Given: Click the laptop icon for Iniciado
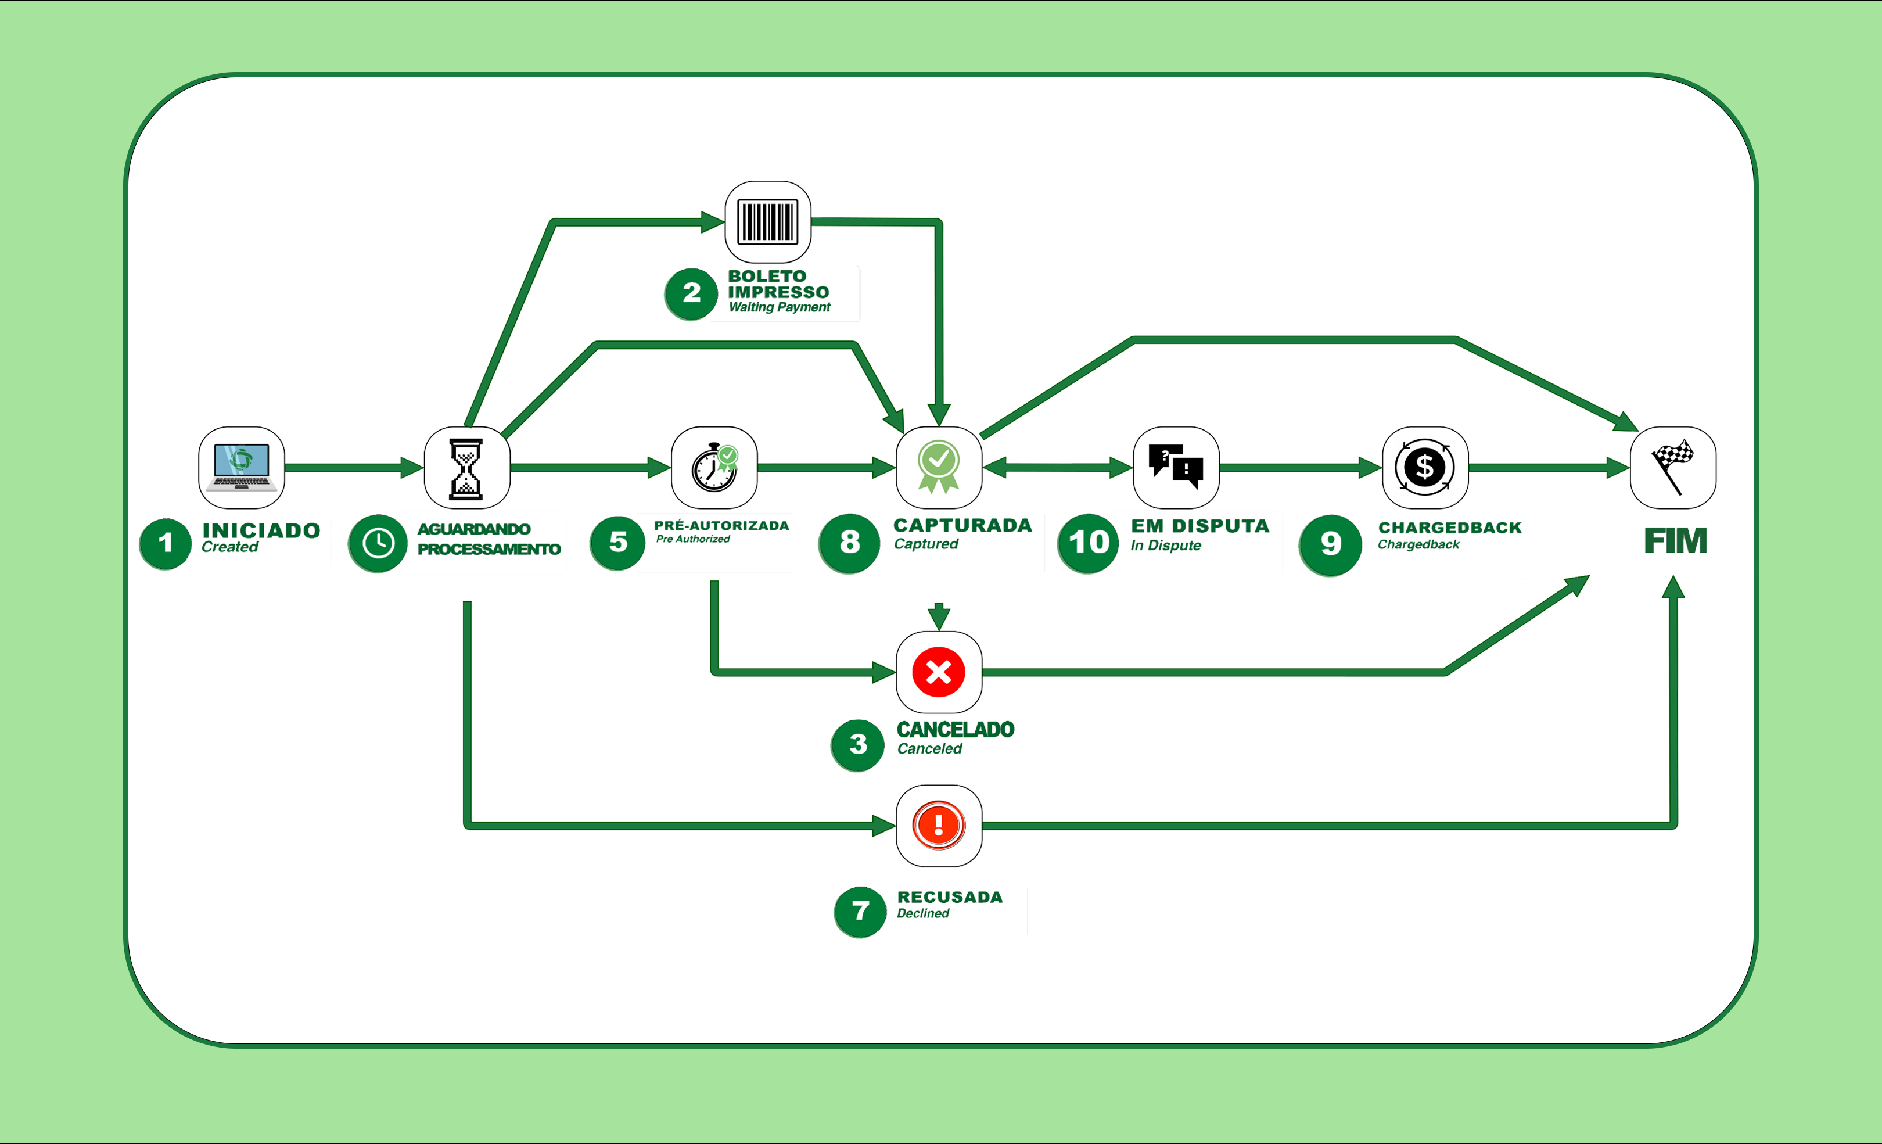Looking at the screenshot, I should click(242, 467).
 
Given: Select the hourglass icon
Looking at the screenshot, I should click(466, 468).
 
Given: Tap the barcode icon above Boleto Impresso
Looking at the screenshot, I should click(768, 221).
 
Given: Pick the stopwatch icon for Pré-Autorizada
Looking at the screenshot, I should click(714, 467).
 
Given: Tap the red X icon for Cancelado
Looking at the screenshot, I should click(938, 672).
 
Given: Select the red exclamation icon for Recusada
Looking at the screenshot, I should click(938, 826).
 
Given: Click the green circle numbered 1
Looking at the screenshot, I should click(165, 543).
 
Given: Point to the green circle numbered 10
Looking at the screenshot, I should click(1087, 543).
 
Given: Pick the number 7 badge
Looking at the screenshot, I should click(860, 911).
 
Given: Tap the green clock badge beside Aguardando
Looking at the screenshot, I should click(378, 543).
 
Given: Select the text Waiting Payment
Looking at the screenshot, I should click(779, 307).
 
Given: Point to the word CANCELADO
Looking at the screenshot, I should click(955, 730).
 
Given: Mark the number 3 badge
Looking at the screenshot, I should click(858, 744).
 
